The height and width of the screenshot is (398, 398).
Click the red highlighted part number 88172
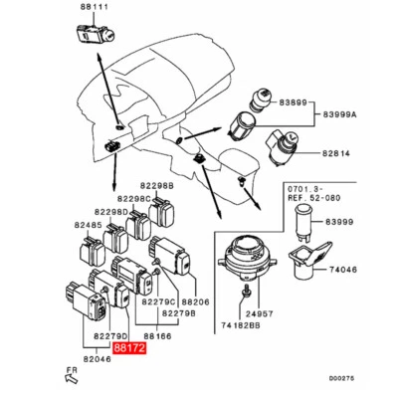(x=129, y=349)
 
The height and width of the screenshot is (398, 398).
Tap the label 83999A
(x=346, y=115)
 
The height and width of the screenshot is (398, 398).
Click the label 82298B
(x=156, y=185)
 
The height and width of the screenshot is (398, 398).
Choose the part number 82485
(x=90, y=225)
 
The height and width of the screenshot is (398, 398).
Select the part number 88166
(x=156, y=337)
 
